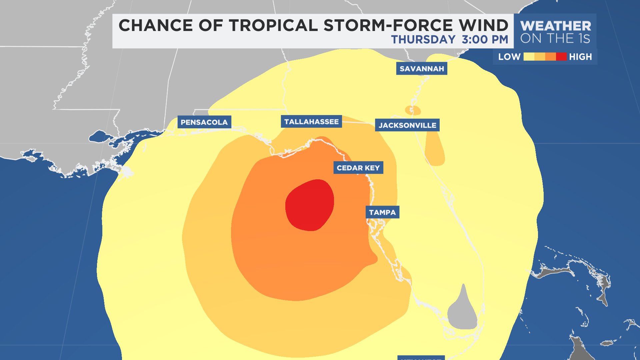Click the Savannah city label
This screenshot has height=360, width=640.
422,69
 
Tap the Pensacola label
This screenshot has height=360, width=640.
204,122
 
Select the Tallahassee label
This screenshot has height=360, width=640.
311,122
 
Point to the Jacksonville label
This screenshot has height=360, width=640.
407,125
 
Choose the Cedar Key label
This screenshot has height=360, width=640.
358,168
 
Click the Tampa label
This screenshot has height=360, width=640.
382,212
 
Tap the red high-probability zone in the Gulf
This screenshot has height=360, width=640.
309,205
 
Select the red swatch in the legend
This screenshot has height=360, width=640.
561,57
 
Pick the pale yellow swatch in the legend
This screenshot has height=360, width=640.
529,57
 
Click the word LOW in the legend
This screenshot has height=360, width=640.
509,57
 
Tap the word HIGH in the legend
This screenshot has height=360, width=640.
580,57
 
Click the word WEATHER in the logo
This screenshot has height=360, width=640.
556,26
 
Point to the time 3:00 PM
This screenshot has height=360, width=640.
485,39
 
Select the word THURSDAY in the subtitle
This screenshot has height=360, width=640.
423,39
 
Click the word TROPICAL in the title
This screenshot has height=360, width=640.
273,25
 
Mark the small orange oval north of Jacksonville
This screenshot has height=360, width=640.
413,110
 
